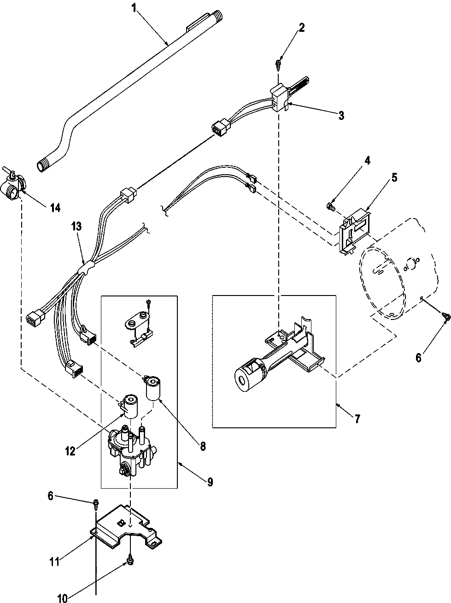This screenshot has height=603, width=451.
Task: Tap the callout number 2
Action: [302, 27]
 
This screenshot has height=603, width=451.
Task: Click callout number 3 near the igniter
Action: [340, 116]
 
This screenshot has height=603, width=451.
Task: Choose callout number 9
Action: [210, 482]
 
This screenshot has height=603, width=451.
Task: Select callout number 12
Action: [70, 451]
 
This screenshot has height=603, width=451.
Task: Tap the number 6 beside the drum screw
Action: [418, 357]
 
